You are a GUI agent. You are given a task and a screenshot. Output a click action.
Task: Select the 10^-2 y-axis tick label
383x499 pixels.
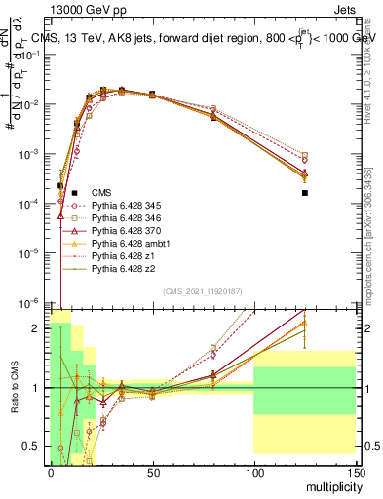coord(29,104)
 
